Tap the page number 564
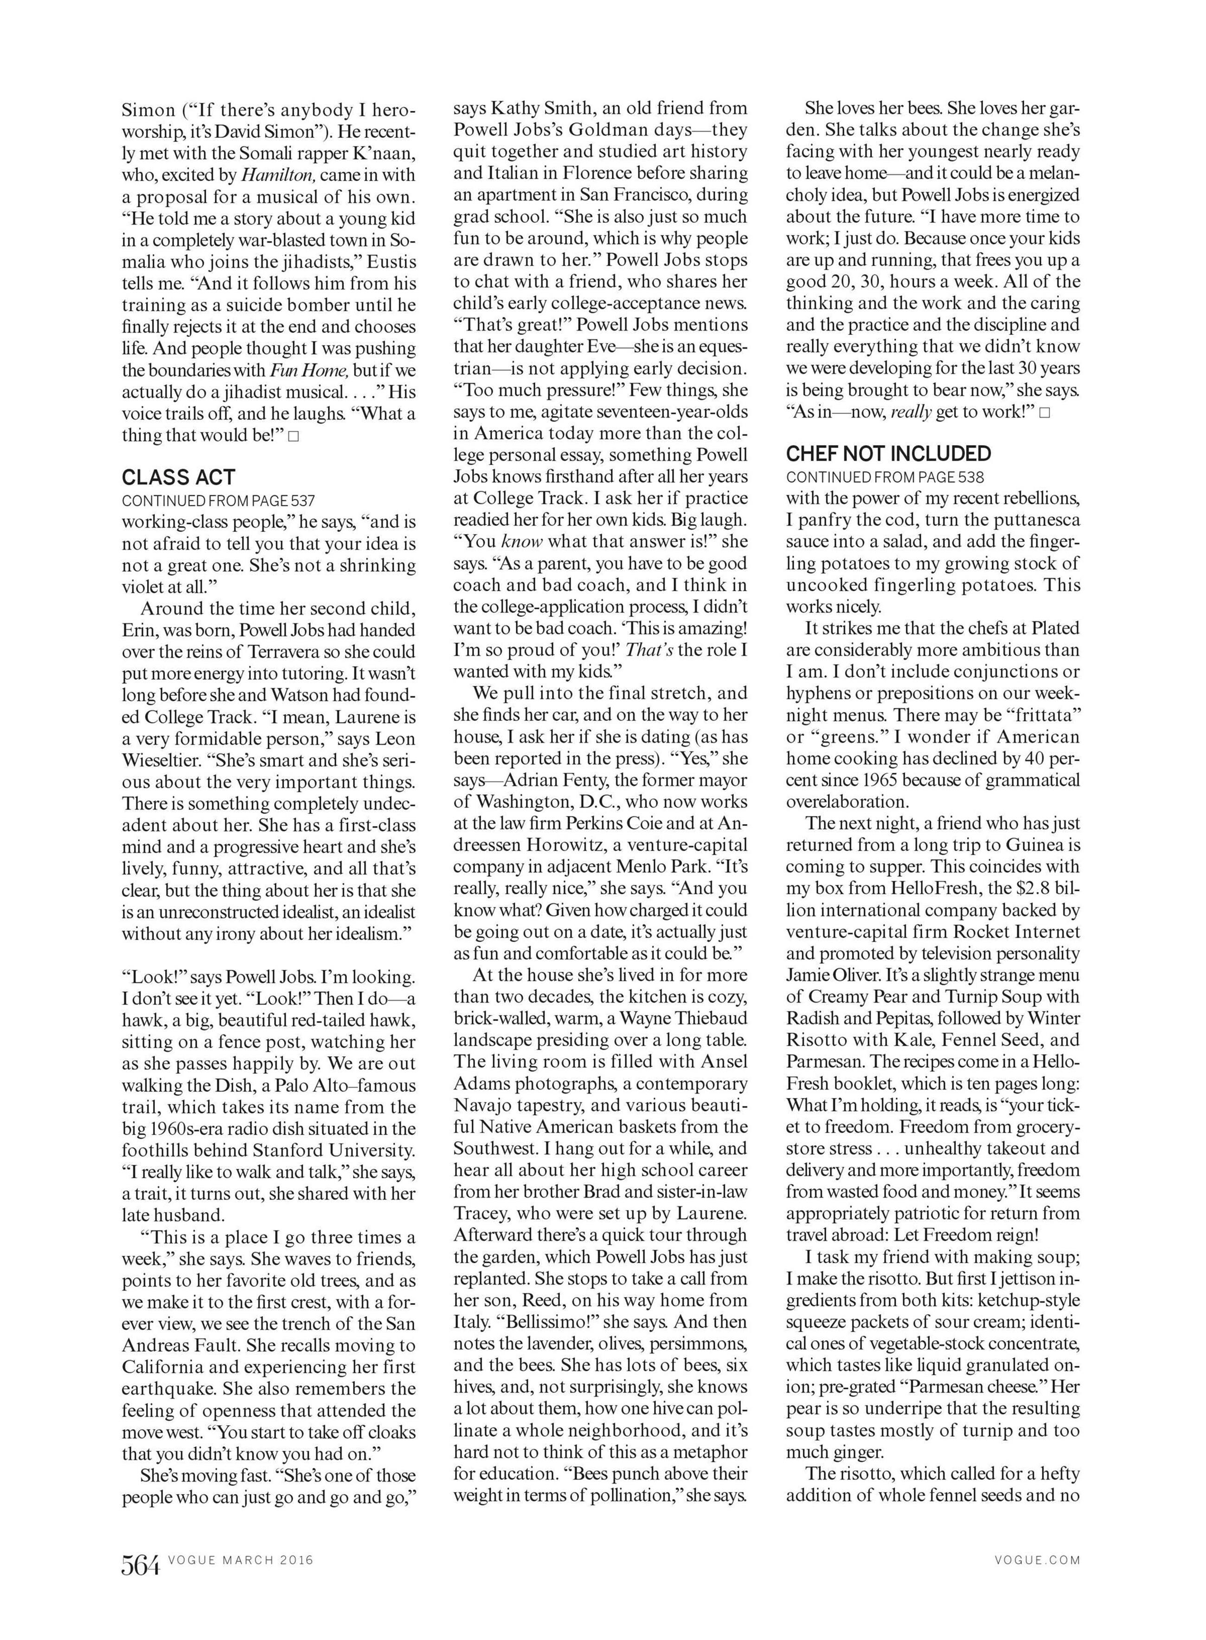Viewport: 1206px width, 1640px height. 140,1566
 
